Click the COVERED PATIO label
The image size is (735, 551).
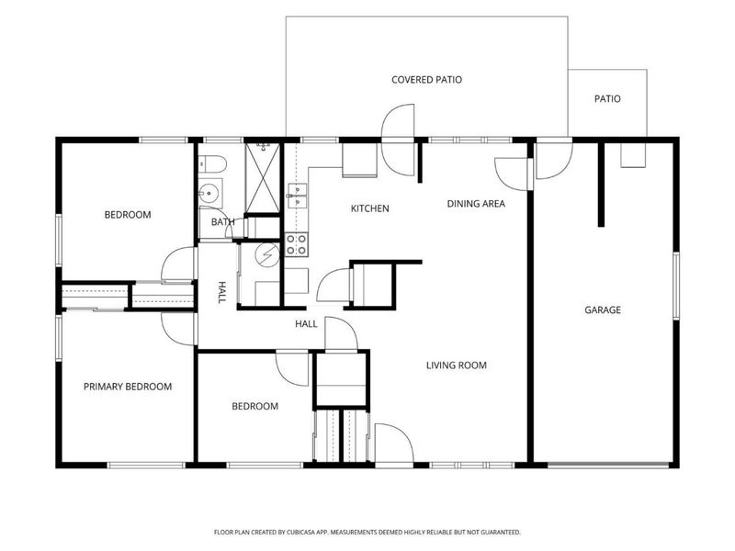pos(426,80)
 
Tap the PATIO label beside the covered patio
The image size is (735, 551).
pos(607,99)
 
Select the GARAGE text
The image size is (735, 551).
pos(603,309)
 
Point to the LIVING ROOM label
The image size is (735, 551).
pos(456,365)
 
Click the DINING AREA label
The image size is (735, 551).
pos(476,203)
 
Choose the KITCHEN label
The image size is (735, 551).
pos(370,208)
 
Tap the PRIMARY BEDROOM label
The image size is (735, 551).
pos(128,387)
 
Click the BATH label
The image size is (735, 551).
pos(222,221)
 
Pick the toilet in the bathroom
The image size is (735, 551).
pos(212,163)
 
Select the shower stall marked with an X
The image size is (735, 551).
pos(263,178)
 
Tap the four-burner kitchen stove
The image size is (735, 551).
pos(296,244)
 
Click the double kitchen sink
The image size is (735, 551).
pos(297,196)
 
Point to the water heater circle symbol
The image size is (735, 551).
pos(266,255)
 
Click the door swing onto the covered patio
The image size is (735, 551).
pos(398,140)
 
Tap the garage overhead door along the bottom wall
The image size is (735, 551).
pos(608,466)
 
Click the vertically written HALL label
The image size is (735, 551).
pos(222,292)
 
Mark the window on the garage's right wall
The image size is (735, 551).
pos(676,287)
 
